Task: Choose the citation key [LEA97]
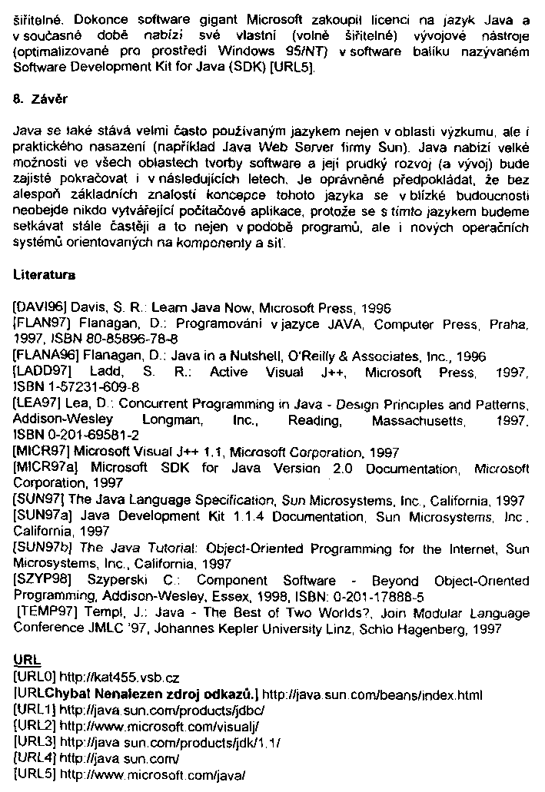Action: click(38, 404)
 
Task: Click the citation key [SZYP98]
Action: click(42, 581)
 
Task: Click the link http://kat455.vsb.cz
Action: click(118, 678)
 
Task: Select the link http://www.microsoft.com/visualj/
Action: click(159, 725)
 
